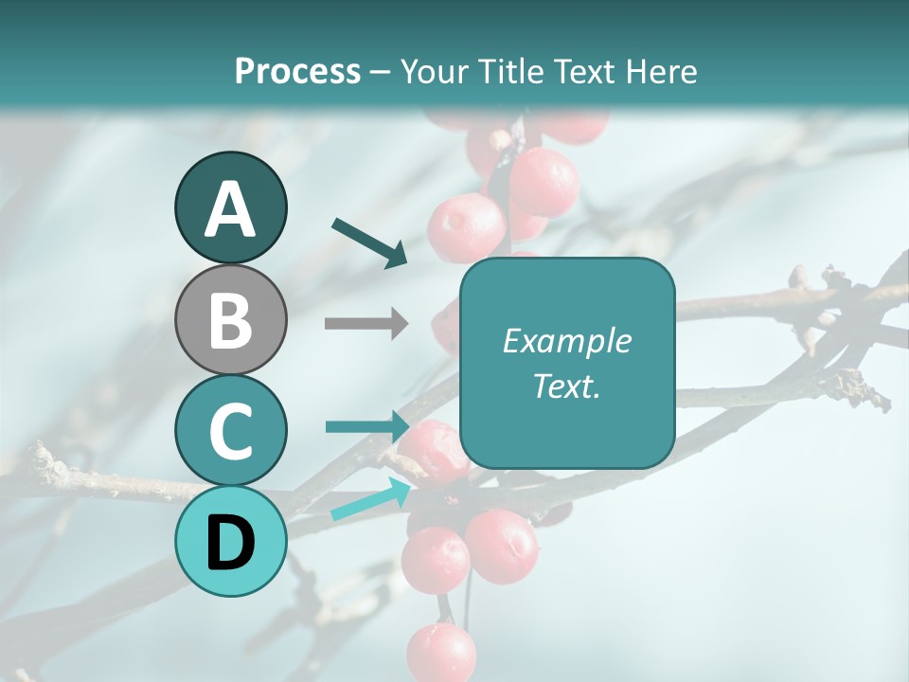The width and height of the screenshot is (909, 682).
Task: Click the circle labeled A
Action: click(x=230, y=208)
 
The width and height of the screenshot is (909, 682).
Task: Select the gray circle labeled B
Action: click(x=230, y=319)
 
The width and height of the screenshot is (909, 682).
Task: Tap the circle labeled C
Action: click(x=230, y=430)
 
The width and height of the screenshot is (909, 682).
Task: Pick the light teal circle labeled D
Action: click(x=230, y=541)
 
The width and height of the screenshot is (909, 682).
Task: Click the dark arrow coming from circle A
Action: click(x=369, y=242)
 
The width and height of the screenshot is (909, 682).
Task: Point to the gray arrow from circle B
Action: click(x=365, y=323)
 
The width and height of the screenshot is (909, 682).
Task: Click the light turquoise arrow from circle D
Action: click(x=370, y=499)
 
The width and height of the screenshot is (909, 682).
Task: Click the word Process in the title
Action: click(x=297, y=71)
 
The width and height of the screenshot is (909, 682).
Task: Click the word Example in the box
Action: click(x=566, y=341)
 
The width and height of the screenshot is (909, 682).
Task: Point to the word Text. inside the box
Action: click(x=566, y=386)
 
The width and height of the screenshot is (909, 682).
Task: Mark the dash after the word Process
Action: click(x=381, y=72)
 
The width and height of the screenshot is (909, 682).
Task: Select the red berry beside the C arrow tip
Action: click(x=434, y=452)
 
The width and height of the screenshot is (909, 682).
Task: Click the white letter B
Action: click(x=230, y=320)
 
